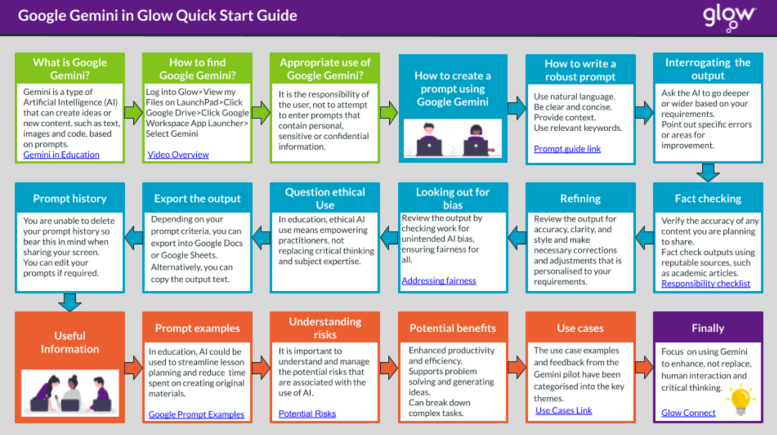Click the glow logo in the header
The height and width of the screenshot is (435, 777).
728,18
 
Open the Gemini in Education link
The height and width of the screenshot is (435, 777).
61,155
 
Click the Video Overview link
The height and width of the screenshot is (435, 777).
178,155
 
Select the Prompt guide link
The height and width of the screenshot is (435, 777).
567,148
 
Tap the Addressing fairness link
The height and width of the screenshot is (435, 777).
439,280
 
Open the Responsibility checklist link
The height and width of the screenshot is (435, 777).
705,283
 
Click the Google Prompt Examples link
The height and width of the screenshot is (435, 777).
196,414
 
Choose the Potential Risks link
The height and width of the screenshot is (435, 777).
307,413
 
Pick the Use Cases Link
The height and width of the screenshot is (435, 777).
564,410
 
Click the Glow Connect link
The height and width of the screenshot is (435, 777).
688,413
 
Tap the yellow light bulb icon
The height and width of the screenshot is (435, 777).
741,399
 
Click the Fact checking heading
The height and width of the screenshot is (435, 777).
708,198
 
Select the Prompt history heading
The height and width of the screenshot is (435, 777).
70,198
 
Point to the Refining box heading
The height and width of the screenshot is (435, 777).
580,198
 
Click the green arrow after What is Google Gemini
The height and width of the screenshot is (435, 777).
133,113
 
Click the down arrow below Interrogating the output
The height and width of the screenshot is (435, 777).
708,173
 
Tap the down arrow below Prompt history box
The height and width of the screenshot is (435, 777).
70,303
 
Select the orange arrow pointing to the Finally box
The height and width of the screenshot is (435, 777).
644,367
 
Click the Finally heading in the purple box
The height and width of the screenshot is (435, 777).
708,328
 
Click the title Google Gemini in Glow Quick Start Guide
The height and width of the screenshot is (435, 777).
157,15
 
